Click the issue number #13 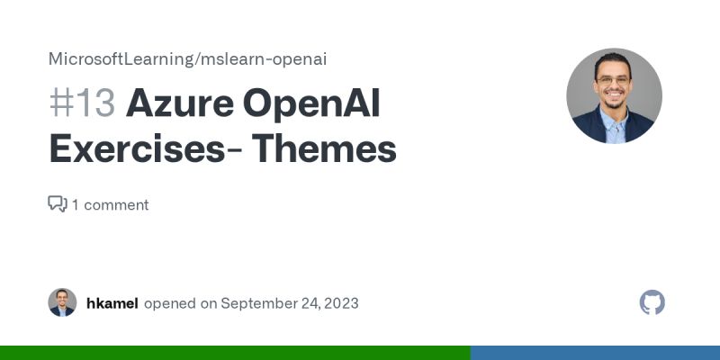[x=82, y=105]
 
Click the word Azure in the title [x=178, y=105]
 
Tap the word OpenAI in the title [x=311, y=105]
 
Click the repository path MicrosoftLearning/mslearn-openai [x=187, y=59]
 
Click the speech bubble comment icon [x=58, y=204]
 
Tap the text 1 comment [x=111, y=204]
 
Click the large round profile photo [x=614, y=96]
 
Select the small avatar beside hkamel [x=62, y=302]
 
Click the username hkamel [x=112, y=303]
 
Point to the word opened [x=169, y=303]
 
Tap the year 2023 [x=340, y=303]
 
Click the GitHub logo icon [x=652, y=302]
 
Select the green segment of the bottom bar [x=234, y=353]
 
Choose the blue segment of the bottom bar [x=594, y=353]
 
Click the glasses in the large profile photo [x=614, y=80]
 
